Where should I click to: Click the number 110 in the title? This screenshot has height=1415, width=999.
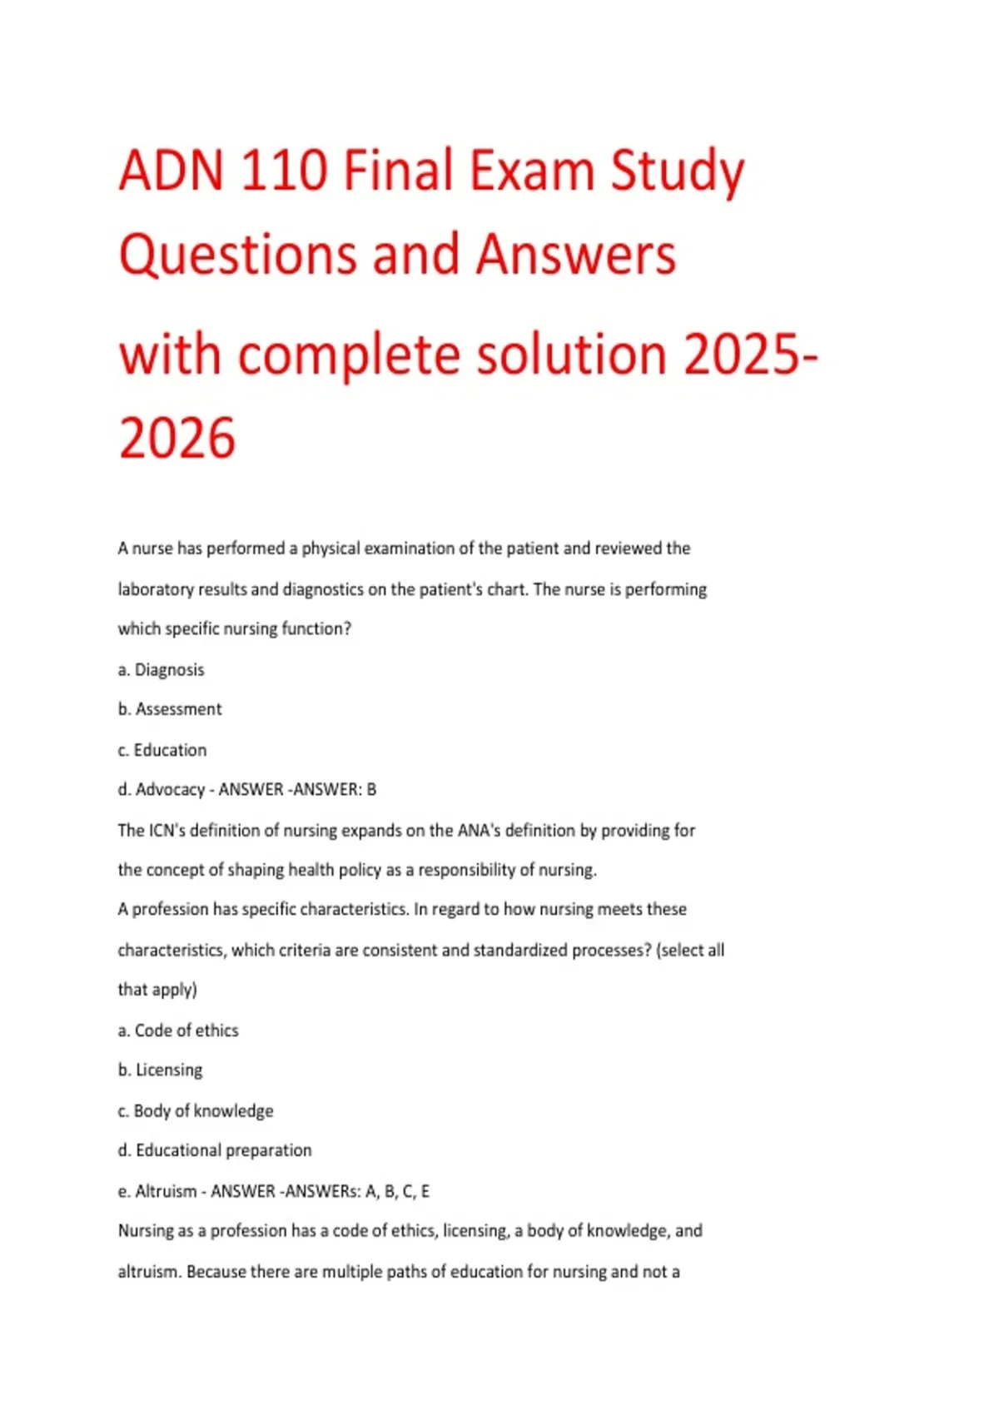(282, 171)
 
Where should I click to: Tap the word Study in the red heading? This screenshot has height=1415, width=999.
(677, 172)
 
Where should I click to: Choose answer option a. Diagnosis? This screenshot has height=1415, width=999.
(161, 670)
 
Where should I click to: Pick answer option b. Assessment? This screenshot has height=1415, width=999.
(170, 709)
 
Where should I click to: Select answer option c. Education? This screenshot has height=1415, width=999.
(162, 750)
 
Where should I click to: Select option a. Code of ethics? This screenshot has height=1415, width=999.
(178, 1030)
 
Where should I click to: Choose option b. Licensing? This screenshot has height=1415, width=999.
(160, 1070)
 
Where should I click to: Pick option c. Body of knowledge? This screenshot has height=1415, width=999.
(195, 1110)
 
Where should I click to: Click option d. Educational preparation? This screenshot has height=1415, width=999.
(215, 1150)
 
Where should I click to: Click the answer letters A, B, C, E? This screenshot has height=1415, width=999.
(397, 1191)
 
